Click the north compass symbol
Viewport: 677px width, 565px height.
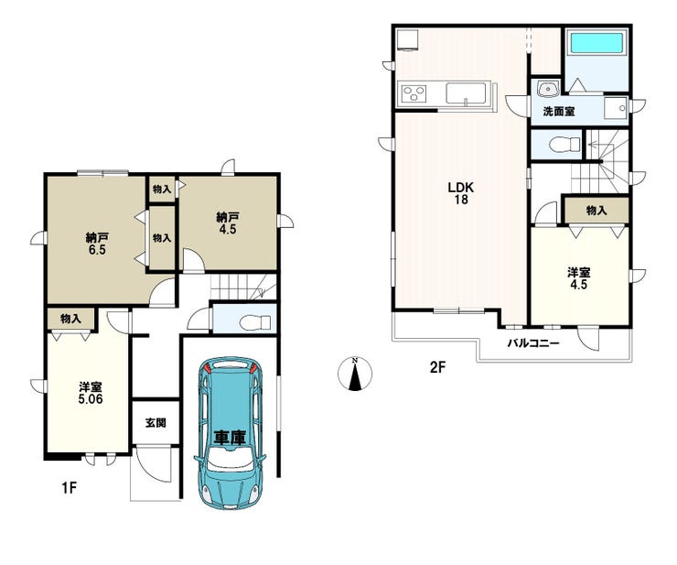click(x=355, y=375)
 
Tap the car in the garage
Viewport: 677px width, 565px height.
click(x=230, y=433)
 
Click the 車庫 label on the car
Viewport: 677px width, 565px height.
click(x=231, y=438)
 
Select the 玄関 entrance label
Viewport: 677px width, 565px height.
click(x=156, y=423)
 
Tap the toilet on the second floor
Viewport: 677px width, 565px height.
click(x=565, y=144)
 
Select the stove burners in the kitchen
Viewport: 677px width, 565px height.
click(x=414, y=93)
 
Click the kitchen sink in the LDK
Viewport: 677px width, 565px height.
click(x=467, y=93)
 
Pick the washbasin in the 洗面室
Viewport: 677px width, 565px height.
click(x=547, y=89)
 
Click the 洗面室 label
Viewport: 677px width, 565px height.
click(x=559, y=111)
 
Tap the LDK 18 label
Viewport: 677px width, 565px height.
click(x=461, y=193)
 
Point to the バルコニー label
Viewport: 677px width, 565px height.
click(x=533, y=343)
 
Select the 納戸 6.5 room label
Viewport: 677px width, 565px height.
click(x=97, y=243)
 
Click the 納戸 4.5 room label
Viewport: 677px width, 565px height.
click(x=228, y=223)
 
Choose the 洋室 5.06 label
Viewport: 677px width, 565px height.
click(x=91, y=393)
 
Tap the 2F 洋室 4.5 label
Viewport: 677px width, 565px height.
click(x=579, y=278)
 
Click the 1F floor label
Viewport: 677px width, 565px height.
click(x=69, y=488)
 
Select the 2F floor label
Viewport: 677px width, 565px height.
click(x=436, y=367)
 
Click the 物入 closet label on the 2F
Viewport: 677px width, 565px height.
click(x=596, y=211)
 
